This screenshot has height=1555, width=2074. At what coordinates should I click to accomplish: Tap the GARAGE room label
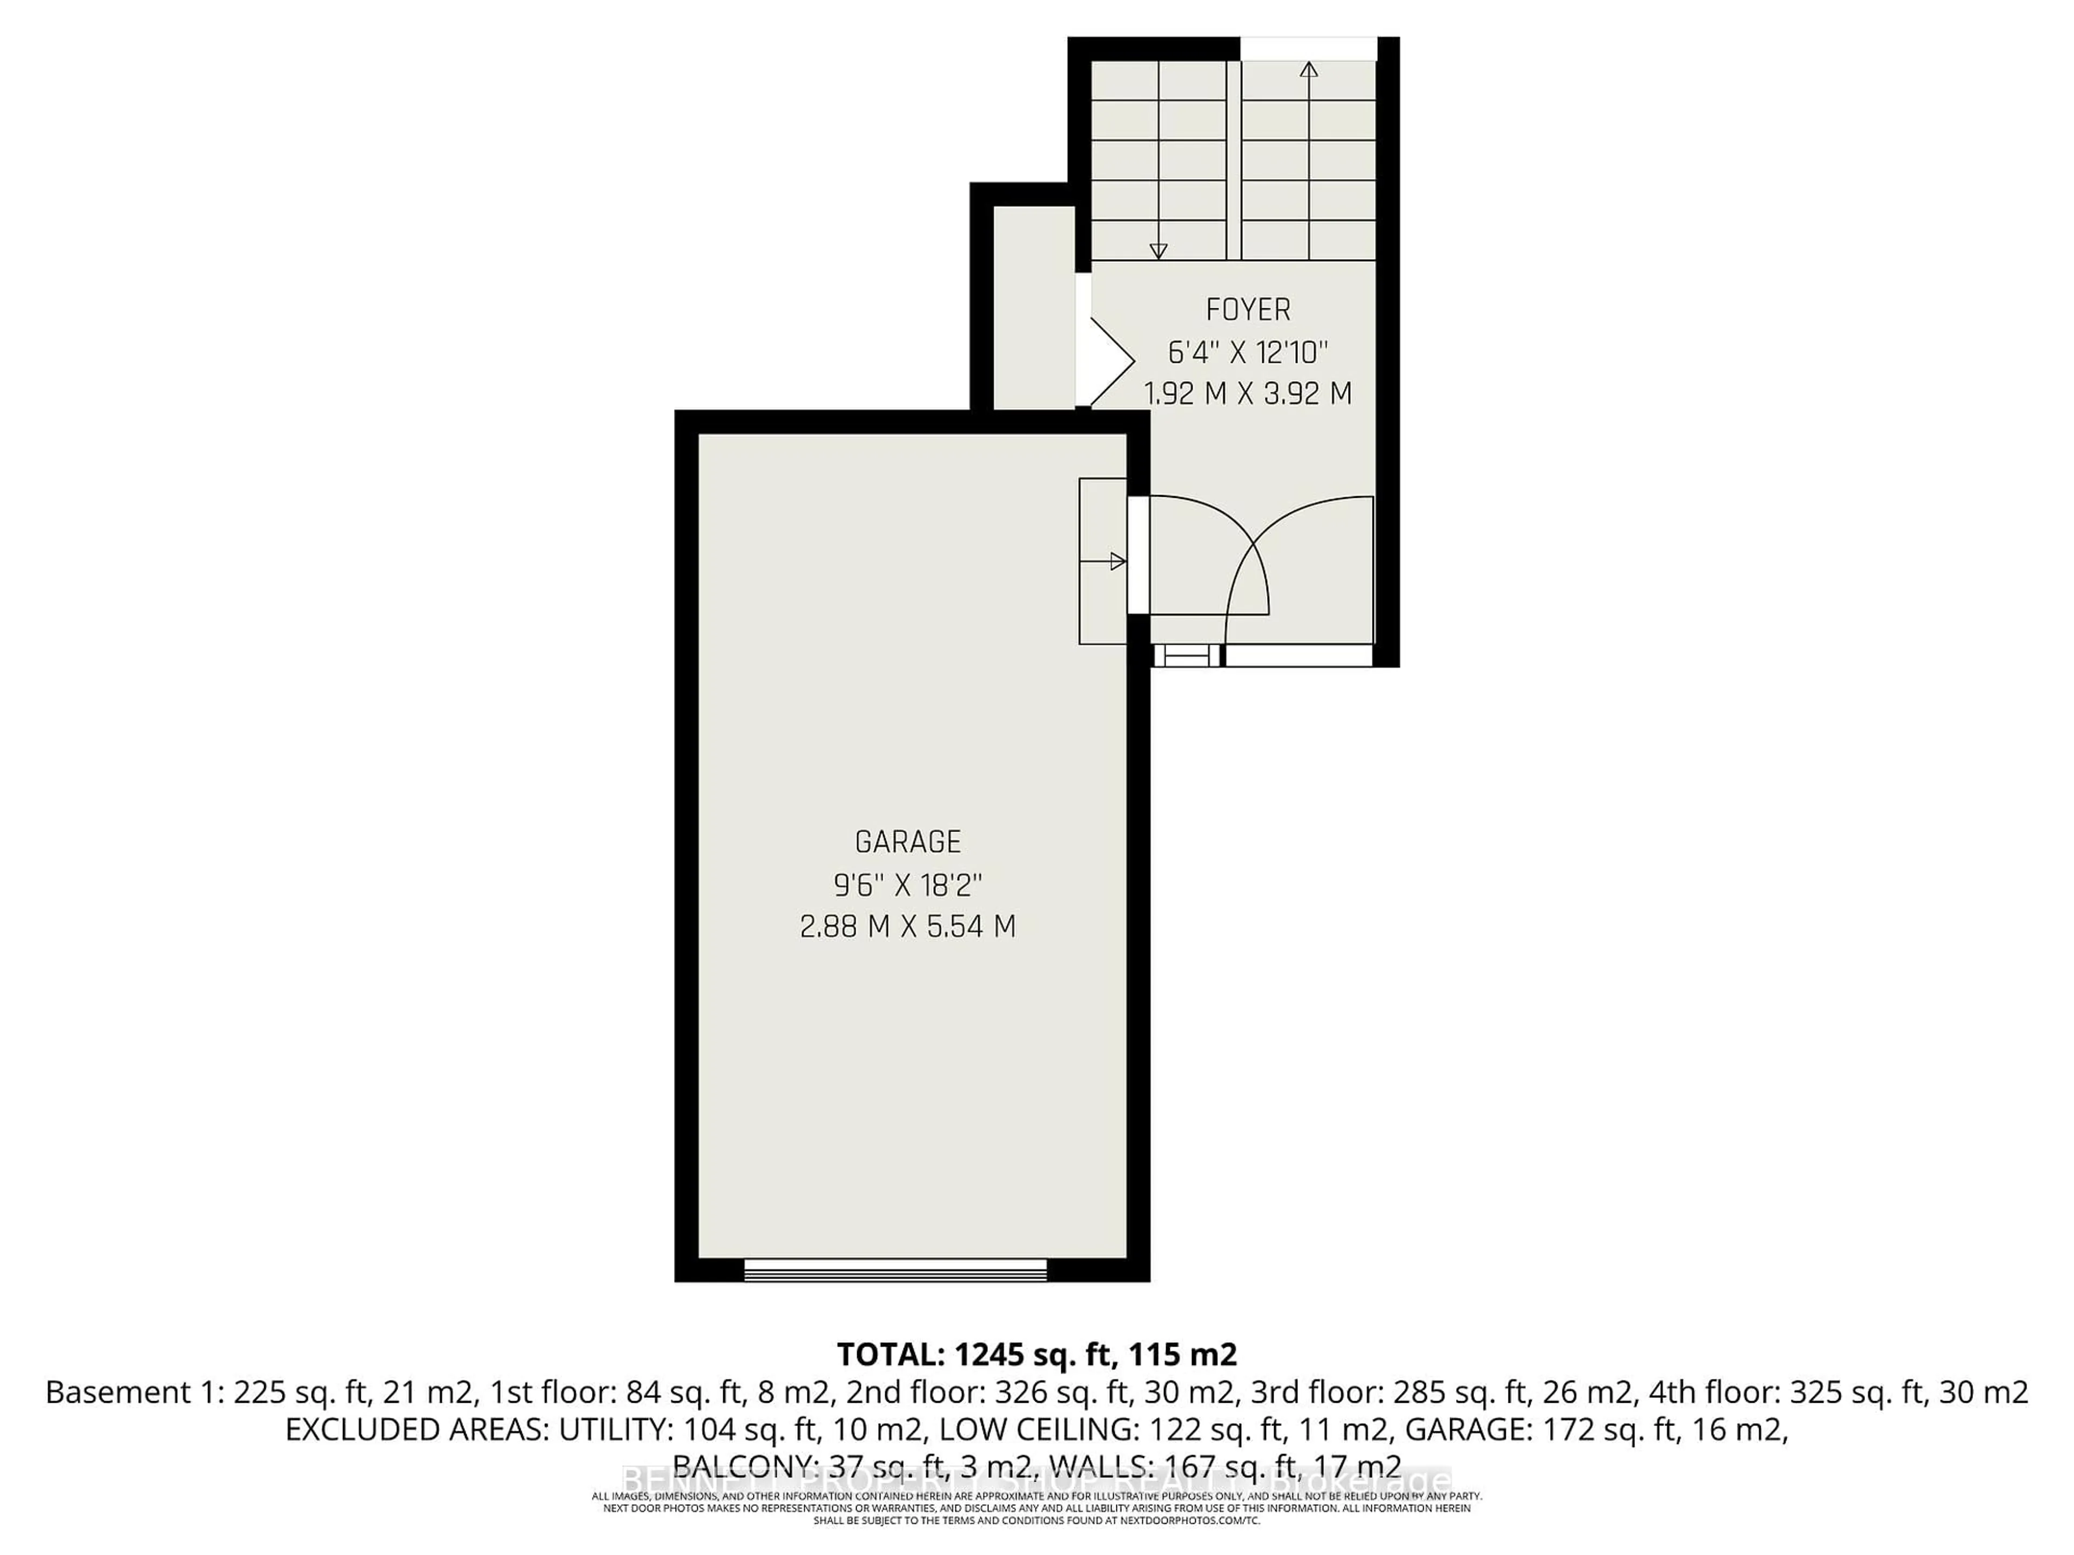(x=907, y=842)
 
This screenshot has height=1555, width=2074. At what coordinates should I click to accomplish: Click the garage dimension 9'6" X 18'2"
(x=907, y=884)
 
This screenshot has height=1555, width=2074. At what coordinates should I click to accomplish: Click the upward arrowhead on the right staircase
(x=1309, y=69)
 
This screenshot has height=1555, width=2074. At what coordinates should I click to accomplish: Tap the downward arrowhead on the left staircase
(x=1158, y=251)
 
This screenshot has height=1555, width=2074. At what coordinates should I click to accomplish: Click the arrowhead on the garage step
(x=1117, y=562)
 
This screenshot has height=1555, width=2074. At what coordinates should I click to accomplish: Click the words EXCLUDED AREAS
(x=418, y=1430)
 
